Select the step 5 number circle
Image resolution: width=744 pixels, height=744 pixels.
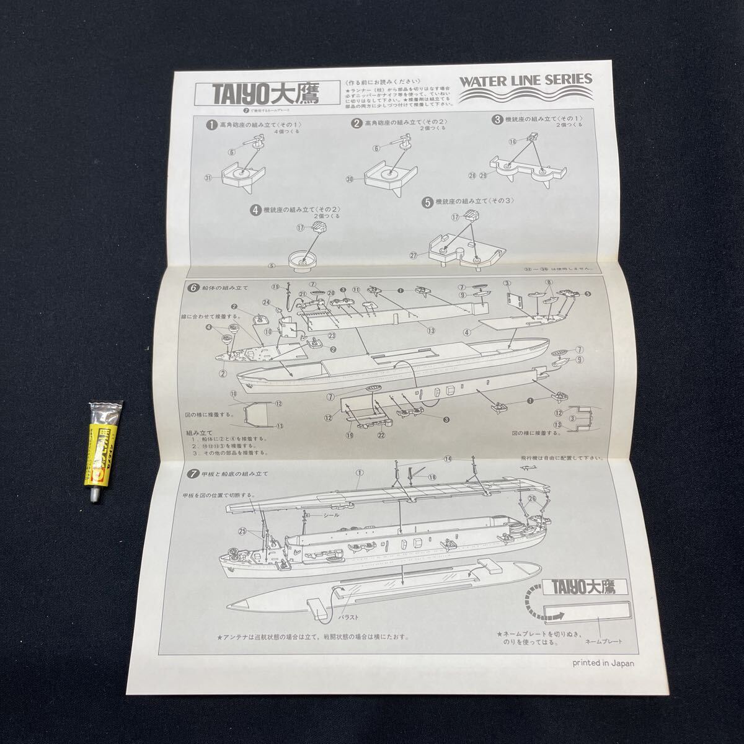[427, 202]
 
